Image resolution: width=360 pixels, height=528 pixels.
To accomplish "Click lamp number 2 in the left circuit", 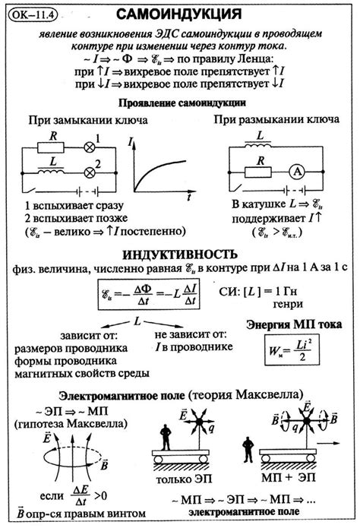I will click(97, 166).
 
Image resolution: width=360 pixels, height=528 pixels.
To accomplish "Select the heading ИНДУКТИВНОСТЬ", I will click(180, 254).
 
